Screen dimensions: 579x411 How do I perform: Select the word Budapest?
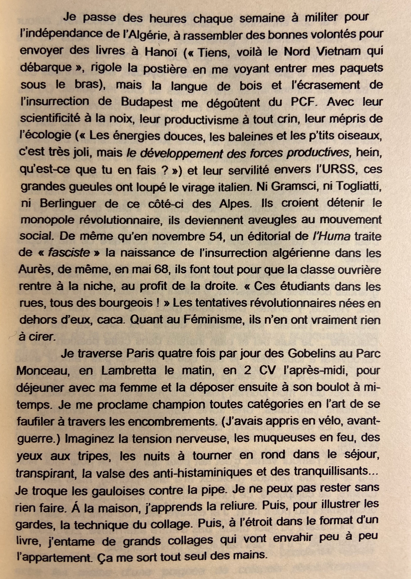[x=147, y=102]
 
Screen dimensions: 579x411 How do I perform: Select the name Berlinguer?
[x=68, y=204]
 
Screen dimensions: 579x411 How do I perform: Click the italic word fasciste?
[x=69, y=253]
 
